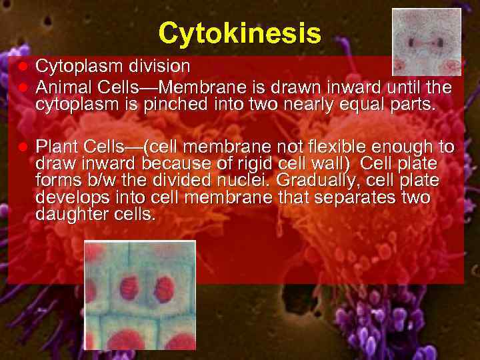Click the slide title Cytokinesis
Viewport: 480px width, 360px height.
click(x=240, y=32)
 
